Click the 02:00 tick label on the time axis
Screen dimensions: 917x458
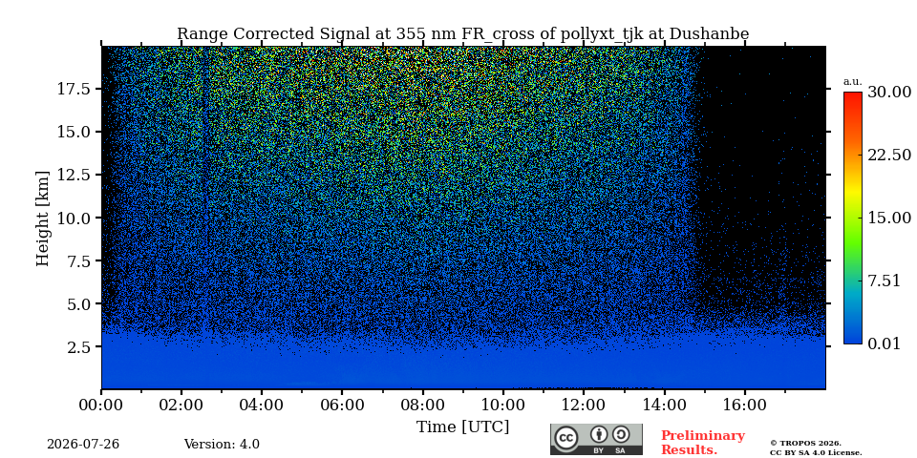pyautogui.click(x=181, y=406)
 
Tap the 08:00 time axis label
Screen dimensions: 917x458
pyautogui.click(x=423, y=406)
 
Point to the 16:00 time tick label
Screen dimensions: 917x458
pyautogui.click(x=744, y=406)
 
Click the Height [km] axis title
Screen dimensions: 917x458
pyautogui.click(x=43, y=219)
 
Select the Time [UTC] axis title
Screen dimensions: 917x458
pyautogui.click(x=462, y=427)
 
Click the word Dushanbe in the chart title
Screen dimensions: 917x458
pyautogui.click(x=709, y=34)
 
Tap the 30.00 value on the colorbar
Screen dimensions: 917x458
pyautogui.click(x=889, y=92)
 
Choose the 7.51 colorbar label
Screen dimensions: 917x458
pyautogui.click(x=884, y=281)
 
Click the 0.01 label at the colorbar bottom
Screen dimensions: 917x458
pyautogui.click(x=884, y=343)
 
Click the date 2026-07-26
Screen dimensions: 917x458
pyautogui.click(x=83, y=445)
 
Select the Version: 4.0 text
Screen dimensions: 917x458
pyautogui.click(x=222, y=445)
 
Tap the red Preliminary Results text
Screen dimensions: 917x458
pyautogui.click(x=703, y=443)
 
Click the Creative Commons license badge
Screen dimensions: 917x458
pyautogui.click(x=596, y=439)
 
